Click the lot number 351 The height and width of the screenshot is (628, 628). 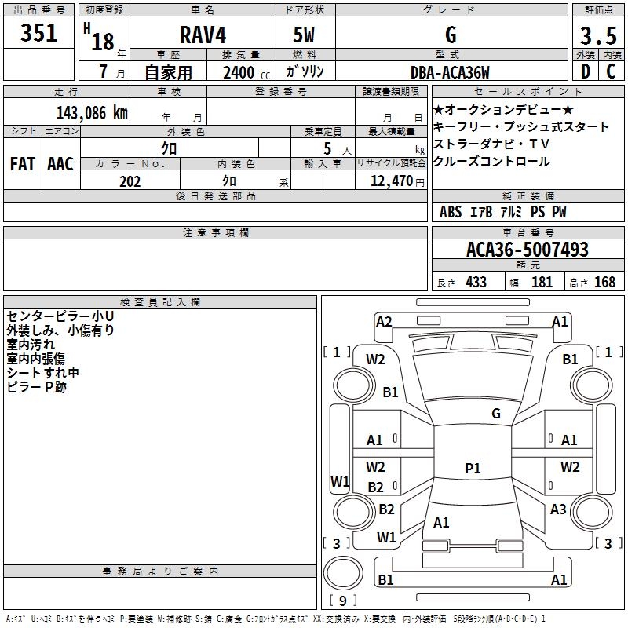(39, 34)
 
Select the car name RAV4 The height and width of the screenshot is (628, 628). (202, 35)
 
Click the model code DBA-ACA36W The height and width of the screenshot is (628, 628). (450, 73)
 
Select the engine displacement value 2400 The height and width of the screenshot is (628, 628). (238, 73)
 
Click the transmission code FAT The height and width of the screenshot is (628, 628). (23, 164)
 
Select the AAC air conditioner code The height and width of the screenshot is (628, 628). (60, 164)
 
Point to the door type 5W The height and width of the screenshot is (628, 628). (304, 35)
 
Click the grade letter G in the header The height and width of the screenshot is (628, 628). (450, 35)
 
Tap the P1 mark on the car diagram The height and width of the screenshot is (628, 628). (473, 468)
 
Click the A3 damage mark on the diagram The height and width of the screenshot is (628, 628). (558, 509)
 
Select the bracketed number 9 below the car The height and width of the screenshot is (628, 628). (342, 601)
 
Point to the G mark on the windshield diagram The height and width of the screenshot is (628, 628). (496, 414)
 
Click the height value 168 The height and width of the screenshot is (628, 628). (604, 282)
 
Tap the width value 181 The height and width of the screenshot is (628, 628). (542, 282)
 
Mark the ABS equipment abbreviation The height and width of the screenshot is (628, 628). (451, 212)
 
